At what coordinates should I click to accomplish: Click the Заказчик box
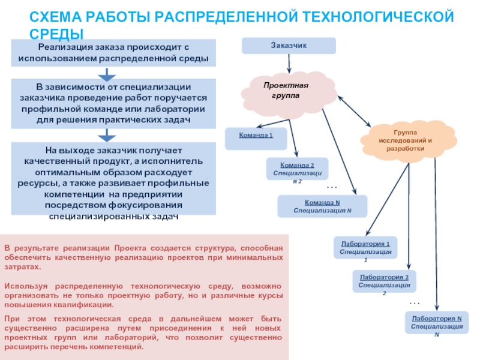pyautogui.click(x=289, y=46)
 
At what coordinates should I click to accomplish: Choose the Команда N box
pyautogui.click(x=322, y=206)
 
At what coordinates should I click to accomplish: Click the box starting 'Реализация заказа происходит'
pyautogui.click(x=113, y=53)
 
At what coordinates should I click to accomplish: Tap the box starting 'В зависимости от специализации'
pyautogui.click(x=113, y=104)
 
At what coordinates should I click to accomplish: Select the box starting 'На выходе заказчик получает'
pyautogui.click(x=113, y=178)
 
